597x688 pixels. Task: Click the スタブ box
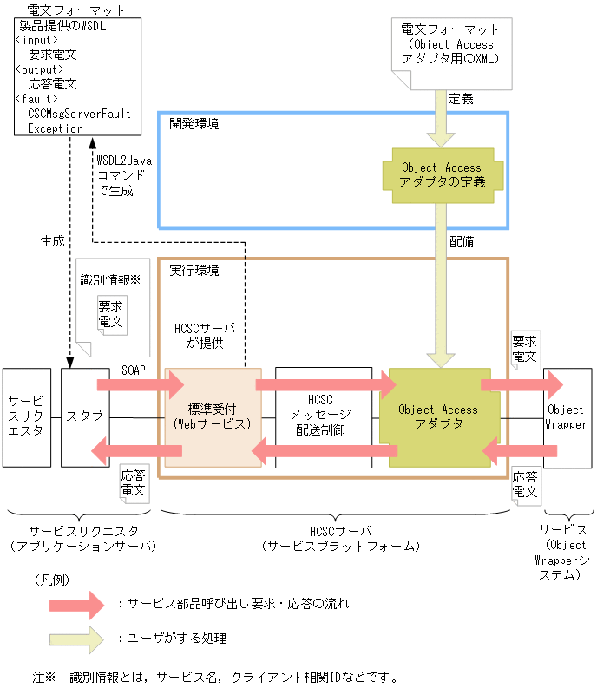click(x=85, y=416)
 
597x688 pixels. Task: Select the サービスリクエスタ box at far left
click(x=26, y=416)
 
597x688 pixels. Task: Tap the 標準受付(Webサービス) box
click(x=213, y=417)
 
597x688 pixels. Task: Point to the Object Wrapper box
click(x=567, y=417)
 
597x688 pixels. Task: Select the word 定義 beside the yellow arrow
click(x=461, y=99)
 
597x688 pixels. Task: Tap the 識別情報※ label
click(x=110, y=280)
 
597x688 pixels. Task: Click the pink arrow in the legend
click(x=77, y=603)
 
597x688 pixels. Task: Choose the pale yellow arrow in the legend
click(x=77, y=639)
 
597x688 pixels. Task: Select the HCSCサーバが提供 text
click(x=205, y=336)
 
